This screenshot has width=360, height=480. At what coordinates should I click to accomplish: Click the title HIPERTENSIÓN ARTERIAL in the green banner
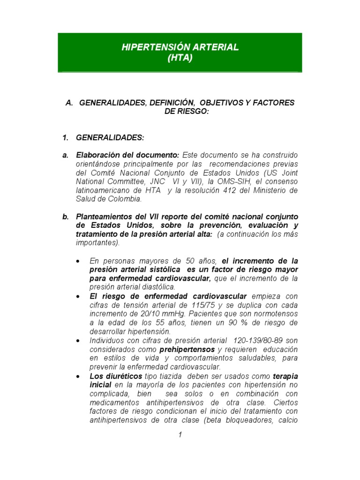coord(180,47)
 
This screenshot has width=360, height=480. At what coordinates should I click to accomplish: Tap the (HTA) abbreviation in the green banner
coord(180,58)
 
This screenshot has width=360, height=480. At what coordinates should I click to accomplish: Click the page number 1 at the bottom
coord(180,435)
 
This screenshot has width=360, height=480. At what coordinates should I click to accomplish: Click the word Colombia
coord(123,199)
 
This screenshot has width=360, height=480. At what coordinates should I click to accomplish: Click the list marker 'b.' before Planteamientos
coord(66,217)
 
